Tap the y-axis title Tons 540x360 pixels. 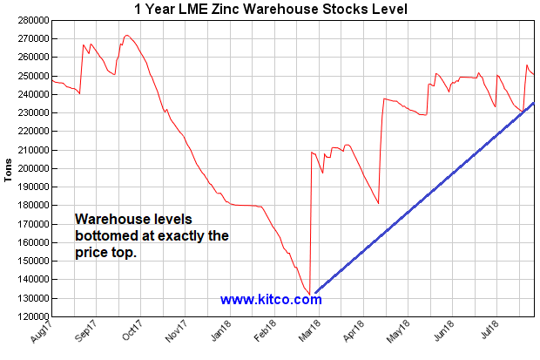point(10,168)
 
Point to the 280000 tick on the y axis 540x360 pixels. point(30,20)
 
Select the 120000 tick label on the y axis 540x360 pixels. point(30,316)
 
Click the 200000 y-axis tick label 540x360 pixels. point(30,168)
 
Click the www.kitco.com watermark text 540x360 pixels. point(271,300)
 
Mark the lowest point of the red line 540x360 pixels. point(310,294)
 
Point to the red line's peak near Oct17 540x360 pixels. point(127,36)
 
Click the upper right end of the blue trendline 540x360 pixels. point(533,104)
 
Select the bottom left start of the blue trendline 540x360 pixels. point(316,292)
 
